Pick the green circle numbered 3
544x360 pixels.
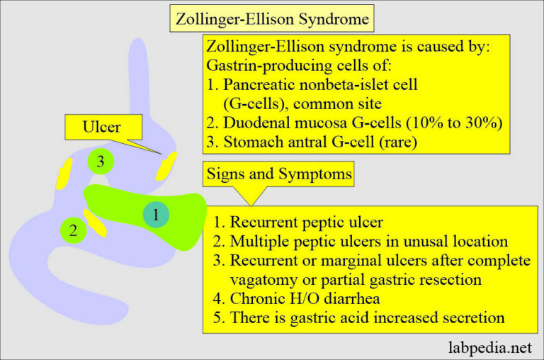click(x=101, y=162)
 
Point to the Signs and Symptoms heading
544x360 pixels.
click(x=279, y=173)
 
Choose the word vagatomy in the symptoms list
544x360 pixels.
click(x=266, y=279)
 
